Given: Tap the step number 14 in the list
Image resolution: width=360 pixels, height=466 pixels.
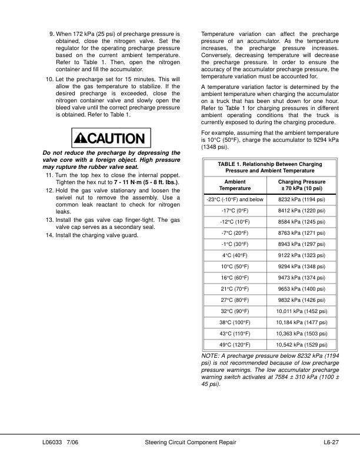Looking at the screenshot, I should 49,236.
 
